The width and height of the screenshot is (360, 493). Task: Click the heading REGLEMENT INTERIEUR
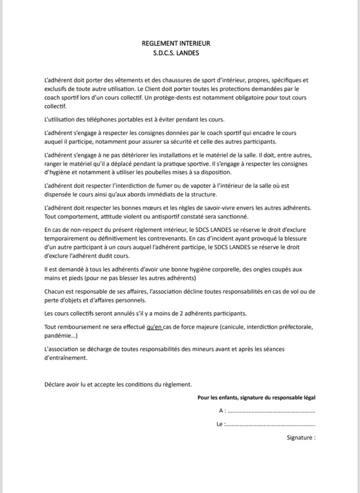[x=176, y=43]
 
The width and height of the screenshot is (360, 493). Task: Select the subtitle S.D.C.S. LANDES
[x=176, y=53]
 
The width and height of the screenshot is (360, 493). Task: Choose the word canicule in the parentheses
[x=231, y=327]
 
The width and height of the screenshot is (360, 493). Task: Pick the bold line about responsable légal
[x=257, y=397]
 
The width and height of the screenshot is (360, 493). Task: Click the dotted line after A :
[x=271, y=412]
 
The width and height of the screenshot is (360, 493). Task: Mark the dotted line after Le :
[x=270, y=425]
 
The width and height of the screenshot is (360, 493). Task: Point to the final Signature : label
[x=301, y=439]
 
